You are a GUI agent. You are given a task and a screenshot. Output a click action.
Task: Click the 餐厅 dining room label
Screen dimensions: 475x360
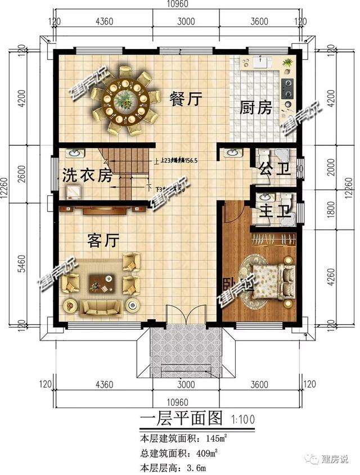click(185, 100)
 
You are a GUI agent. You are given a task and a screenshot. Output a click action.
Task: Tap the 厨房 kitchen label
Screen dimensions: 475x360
click(256, 107)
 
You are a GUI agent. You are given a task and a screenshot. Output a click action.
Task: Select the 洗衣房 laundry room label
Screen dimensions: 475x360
click(87, 176)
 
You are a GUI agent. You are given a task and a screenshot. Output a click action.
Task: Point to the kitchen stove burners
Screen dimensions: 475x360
click(289, 86)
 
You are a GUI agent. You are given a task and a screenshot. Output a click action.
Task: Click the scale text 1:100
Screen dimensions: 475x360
click(242, 419)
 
